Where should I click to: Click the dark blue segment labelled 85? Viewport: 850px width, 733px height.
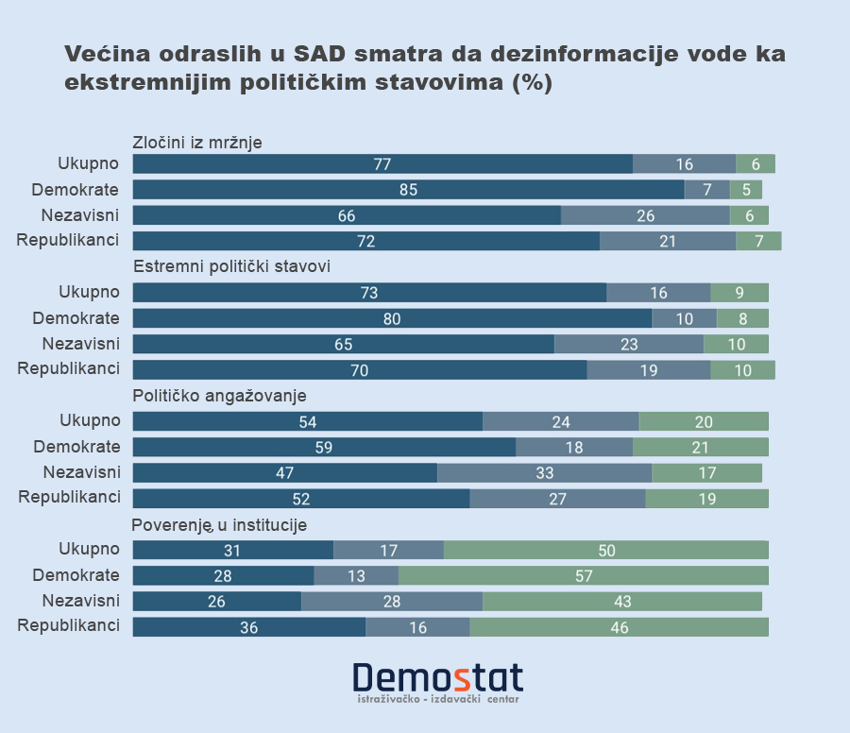(408, 190)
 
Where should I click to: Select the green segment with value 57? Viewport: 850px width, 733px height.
(583, 575)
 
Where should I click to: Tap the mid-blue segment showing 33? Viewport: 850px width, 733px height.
(544, 472)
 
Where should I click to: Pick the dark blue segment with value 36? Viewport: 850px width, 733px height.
(249, 626)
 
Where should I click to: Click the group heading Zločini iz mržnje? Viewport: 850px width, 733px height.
(197, 143)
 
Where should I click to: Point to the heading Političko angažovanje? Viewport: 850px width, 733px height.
(219, 396)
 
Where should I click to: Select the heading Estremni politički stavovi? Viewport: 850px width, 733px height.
(231, 266)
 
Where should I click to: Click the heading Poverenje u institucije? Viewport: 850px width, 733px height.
(219, 525)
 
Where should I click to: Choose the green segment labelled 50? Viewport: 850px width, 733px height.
(605, 550)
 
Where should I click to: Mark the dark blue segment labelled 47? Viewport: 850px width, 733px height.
(285, 472)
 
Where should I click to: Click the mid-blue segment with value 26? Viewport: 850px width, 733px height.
(645, 215)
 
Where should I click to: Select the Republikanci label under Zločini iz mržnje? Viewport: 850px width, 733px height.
(68, 240)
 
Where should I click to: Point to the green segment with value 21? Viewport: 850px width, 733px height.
(700, 447)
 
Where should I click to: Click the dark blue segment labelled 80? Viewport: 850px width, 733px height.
(392, 318)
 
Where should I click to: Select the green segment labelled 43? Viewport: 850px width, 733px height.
(621, 601)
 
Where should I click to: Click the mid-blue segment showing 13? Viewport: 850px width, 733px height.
(356, 575)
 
